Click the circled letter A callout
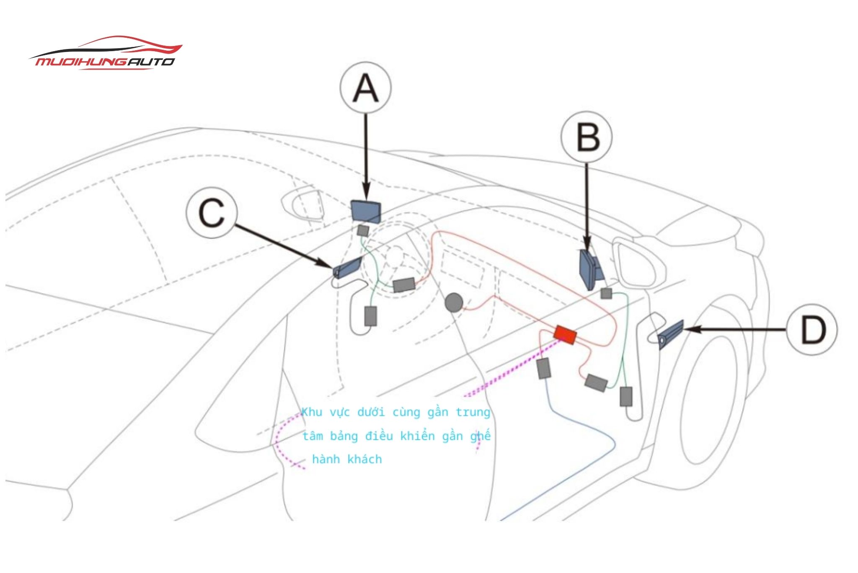point(365,88)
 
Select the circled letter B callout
point(587,137)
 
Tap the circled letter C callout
point(212,212)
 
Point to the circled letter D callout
point(812,330)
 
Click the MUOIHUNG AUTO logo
point(105,53)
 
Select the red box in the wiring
point(565,334)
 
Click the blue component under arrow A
point(366,211)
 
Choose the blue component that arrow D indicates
point(670,335)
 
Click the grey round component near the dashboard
point(454,302)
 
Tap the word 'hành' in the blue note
point(326,459)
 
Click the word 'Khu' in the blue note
point(312,412)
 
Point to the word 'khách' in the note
point(364,459)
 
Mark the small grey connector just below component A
point(363,230)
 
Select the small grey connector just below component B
point(606,293)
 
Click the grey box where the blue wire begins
point(543,368)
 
